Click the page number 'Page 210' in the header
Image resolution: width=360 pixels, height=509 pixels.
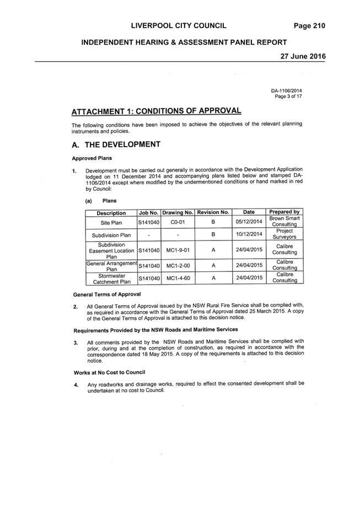coord(309,26)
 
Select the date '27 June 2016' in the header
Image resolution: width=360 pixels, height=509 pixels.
coord(303,56)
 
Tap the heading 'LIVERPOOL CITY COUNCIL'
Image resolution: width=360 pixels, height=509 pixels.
coord(179,26)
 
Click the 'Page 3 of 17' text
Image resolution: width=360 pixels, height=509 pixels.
coord(288,97)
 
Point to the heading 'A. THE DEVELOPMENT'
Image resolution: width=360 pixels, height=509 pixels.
coord(116,144)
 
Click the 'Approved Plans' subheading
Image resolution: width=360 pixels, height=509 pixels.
coord(92,158)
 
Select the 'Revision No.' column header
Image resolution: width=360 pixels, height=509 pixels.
coord(213,212)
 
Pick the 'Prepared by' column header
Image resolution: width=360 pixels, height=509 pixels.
coord(284,212)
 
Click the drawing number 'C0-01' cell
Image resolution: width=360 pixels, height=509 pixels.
coord(178,222)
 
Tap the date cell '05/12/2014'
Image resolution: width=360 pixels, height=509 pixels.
coord(249,222)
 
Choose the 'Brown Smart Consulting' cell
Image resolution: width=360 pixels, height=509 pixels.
coord(284,221)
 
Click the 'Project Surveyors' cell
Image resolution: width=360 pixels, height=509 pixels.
coord(284,234)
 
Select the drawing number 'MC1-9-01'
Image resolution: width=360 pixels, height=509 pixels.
coord(178,250)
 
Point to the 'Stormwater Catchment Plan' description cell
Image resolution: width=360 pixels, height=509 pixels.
coord(112,279)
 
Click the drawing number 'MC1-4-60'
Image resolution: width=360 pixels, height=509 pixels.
coord(178,278)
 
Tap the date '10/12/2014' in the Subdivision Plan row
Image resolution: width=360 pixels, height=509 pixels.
coord(249,234)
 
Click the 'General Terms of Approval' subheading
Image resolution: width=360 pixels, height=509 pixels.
coord(107,294)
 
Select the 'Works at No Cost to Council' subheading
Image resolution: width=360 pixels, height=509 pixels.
coord(109,373)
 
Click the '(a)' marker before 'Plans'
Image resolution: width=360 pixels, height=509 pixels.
coord(89,201)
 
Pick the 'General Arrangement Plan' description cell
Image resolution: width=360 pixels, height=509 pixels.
coord(112,266)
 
